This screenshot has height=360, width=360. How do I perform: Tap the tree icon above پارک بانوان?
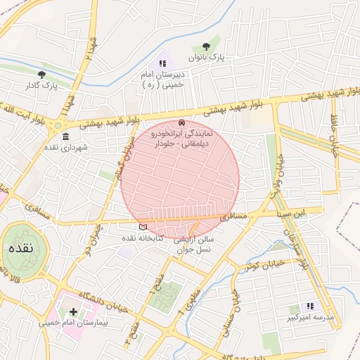(205, 46)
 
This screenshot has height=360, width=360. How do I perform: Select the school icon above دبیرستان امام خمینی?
(162, 63)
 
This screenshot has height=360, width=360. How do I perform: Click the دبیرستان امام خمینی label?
(162, 79)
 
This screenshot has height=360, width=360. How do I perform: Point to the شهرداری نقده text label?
(65, 148)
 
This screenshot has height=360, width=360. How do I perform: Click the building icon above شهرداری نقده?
(65, 136)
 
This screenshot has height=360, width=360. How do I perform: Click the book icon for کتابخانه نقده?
(143, 227)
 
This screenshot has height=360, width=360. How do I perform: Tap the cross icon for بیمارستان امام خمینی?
(73, 311)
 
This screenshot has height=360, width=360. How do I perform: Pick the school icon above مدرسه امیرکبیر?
(310, 306)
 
